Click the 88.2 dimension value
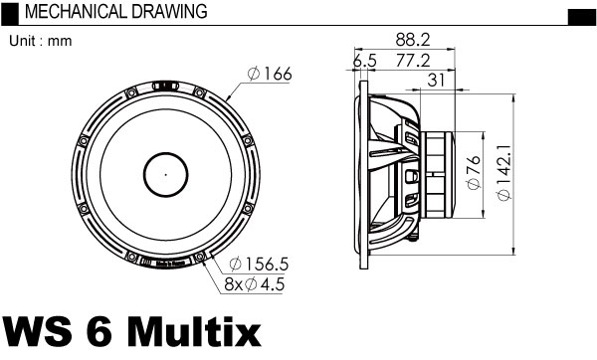click(412, 40)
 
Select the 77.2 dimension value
click(413, 61)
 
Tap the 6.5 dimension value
click(364, 61)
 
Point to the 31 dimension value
click(436, 81)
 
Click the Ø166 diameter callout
click(270, 74)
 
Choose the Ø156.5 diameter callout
click(260, 265)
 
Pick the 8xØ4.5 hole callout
click(255, 284)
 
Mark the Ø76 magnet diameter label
click(474, 172)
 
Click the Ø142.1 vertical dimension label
click(503, 173)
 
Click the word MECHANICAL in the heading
click(76, 11)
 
